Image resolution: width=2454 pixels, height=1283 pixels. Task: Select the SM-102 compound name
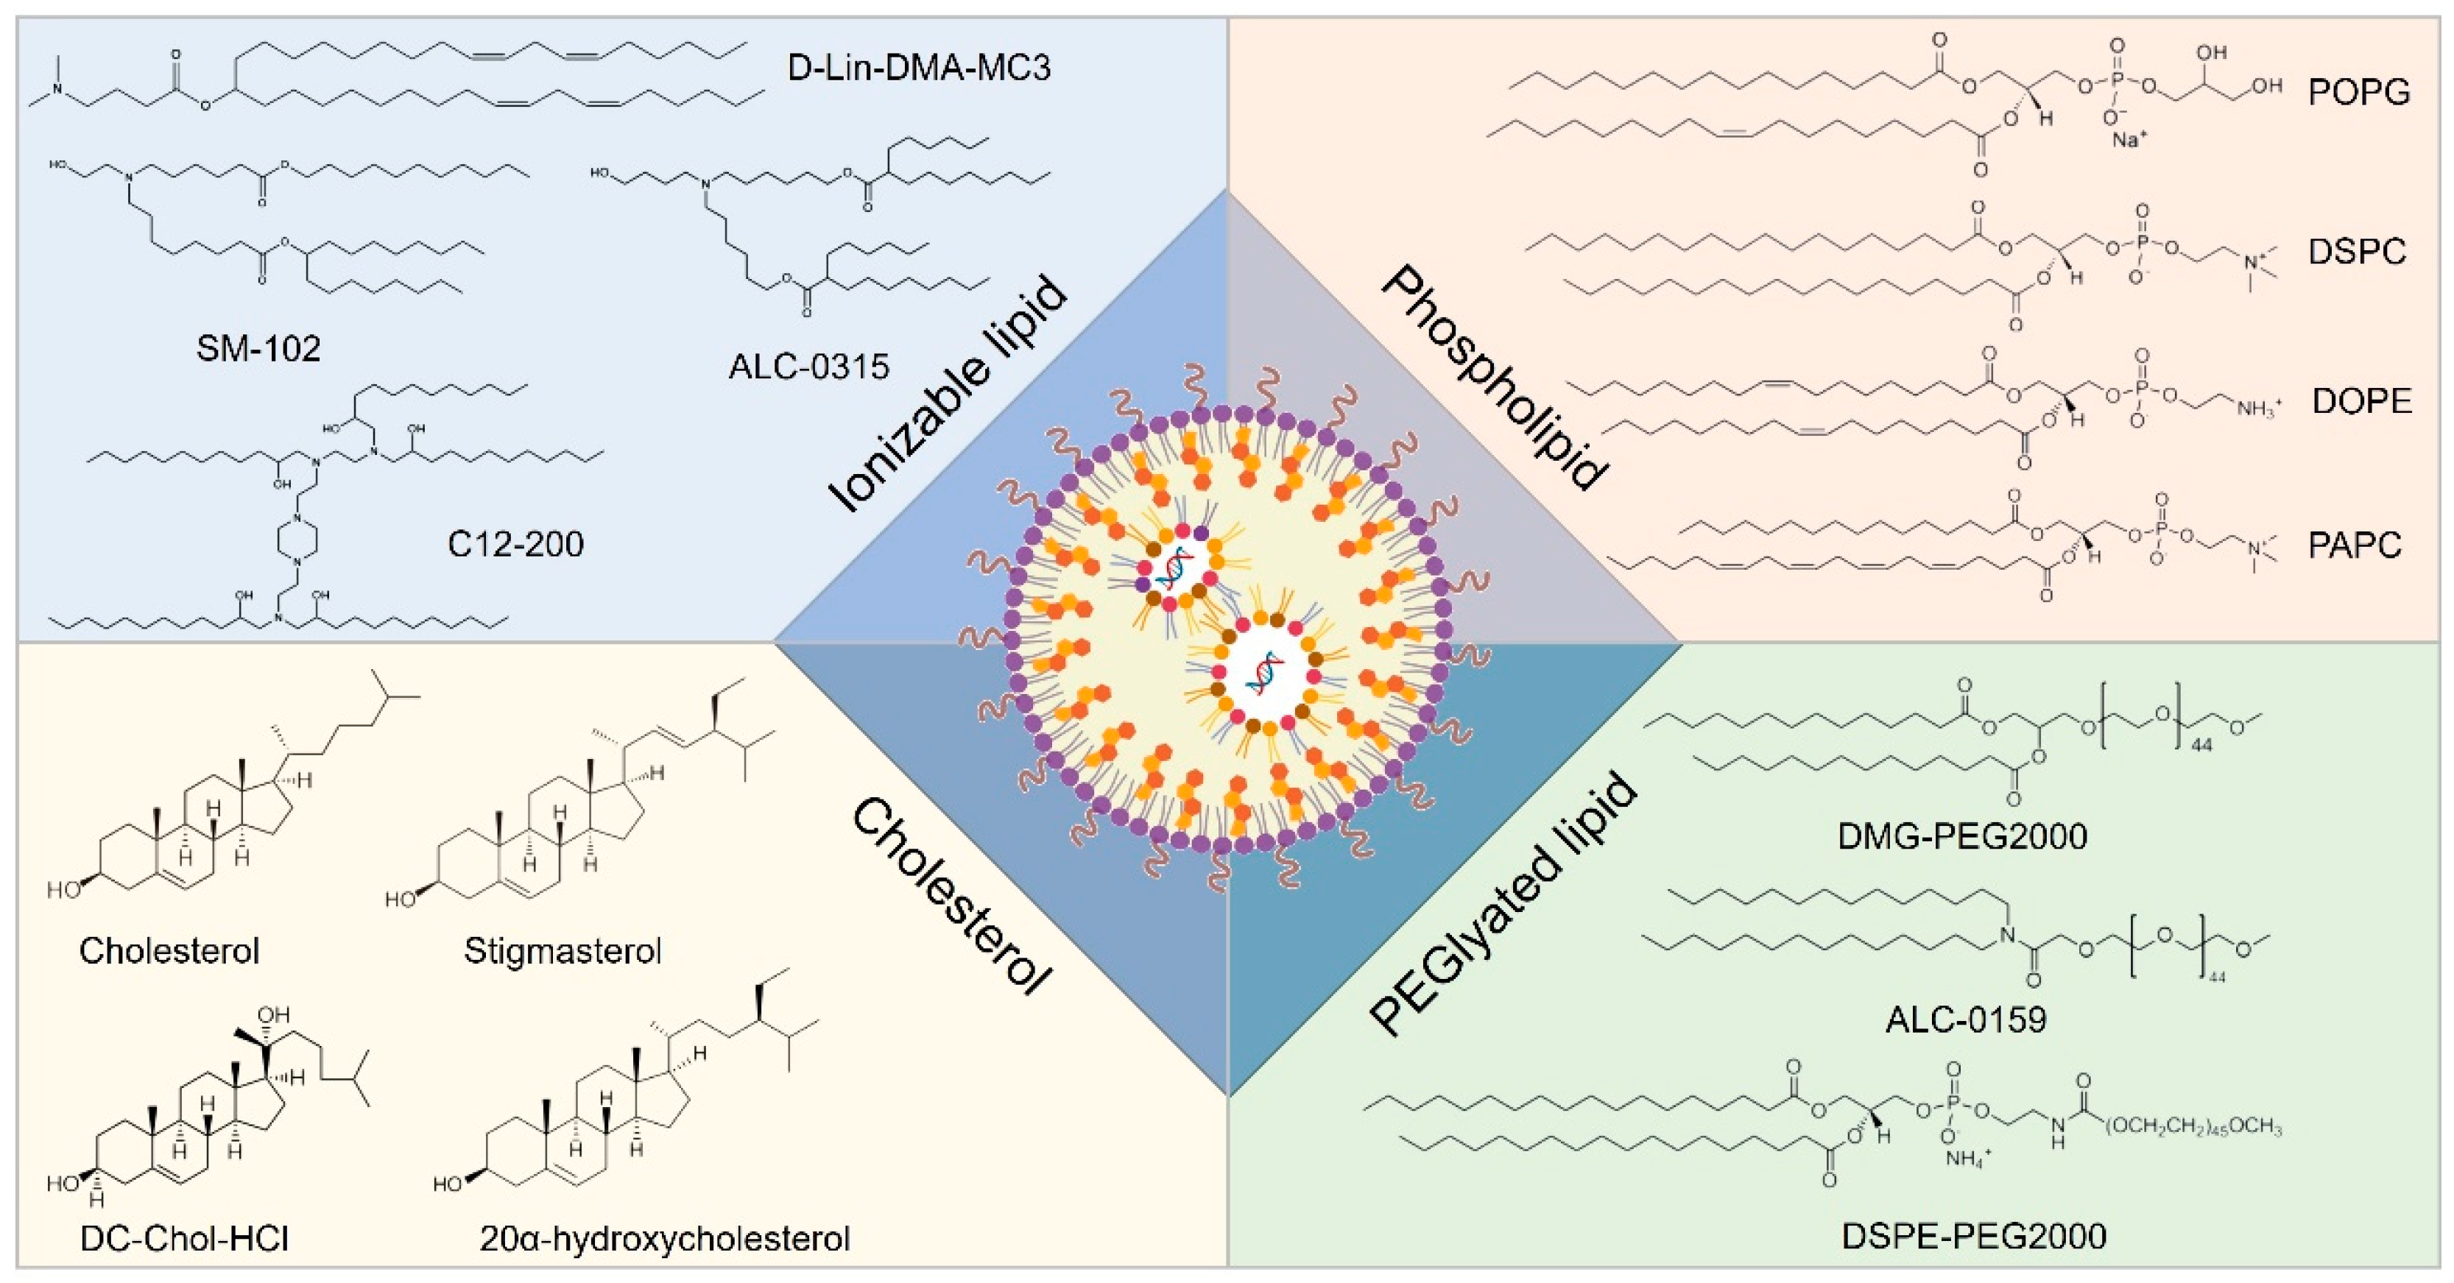(x=258, y=349)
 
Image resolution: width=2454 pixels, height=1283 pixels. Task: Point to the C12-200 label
(x=515, y=544)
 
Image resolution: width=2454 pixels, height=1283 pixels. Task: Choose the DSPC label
(x=2357, y=252)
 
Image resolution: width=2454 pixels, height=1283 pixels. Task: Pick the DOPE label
(x=2361, y=401)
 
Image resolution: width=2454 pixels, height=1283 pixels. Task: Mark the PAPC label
(x=2355, y=545)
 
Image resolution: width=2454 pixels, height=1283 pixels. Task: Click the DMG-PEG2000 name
(x=1962, y=836)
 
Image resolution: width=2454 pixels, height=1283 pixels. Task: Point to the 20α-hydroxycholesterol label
(x=664, y=1238)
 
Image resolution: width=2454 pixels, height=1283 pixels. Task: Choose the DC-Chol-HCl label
(x=185, y=1238)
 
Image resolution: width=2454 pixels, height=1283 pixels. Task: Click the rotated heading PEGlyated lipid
(x=1503, y=905)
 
